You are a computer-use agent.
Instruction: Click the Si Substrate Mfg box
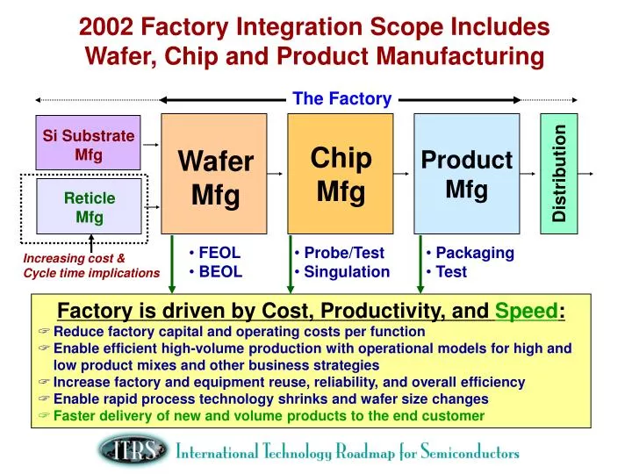coord(89,142)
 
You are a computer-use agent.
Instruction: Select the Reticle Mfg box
coord(89,207)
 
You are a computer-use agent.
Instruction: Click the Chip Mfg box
coord(341,176)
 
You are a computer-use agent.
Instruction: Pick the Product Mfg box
coord(466,176)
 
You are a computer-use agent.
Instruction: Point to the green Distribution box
coord(558,176)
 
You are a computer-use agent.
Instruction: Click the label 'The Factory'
coord(341,98)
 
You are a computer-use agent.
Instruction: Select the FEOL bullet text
coord(219,253)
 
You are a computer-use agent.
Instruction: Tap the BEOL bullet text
coord(219,271)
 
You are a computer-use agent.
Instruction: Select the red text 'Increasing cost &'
coord(74,258)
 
